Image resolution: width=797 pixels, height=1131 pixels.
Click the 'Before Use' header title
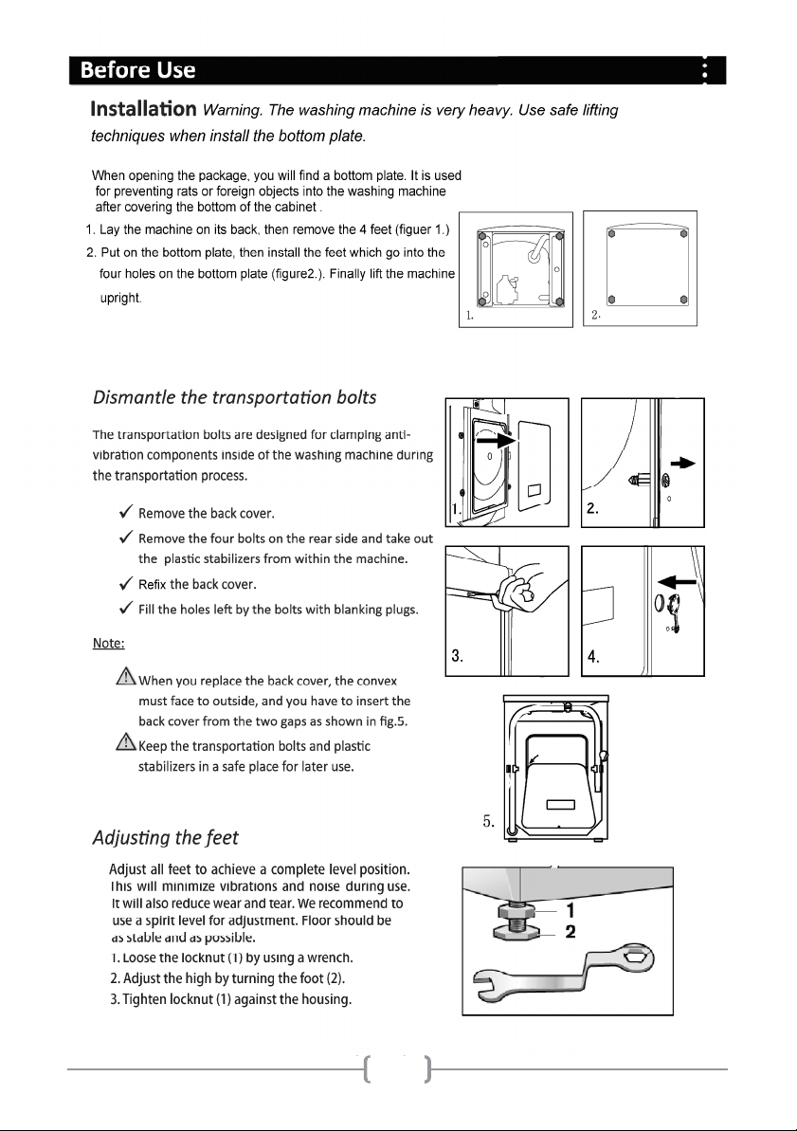(137, 70)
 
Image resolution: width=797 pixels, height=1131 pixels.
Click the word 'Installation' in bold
(143, 110)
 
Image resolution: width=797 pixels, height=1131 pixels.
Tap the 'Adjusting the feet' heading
(165, 837)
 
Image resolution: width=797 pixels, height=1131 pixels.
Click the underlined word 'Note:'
(108, 644)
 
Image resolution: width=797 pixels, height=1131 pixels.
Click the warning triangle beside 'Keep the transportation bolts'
(125, 744)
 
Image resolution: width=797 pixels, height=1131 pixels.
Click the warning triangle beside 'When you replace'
(125, 678)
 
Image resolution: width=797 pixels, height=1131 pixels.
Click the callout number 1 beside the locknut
(570, 910)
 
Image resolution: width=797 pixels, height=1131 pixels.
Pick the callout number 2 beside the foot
(570, 931)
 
